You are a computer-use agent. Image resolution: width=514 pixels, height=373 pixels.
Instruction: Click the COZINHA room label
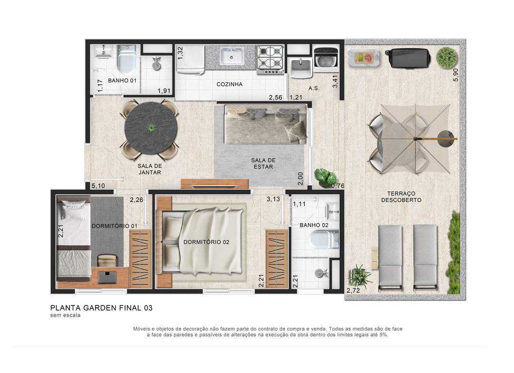pyautogui.click(x=229, y=84)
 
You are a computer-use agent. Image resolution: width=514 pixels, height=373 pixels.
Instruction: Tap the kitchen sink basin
pyautogui.click(x=232, y=56)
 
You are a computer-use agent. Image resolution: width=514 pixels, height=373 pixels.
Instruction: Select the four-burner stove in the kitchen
pyautogui.click(x=270, y=59)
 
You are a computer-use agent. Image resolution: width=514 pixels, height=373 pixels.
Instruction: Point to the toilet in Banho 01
pyautogui.click(x=127, y=59)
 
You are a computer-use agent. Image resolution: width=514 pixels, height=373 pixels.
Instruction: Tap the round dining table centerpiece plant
pyautogui.click(x=151, y=128)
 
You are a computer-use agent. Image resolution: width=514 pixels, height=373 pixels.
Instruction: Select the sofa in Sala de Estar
pyautogui.click(x=266, y=125)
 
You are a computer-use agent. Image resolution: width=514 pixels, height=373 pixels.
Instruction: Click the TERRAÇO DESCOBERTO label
pyautogui.click(x=401, y=196)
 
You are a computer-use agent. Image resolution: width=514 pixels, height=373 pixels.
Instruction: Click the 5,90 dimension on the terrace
pyautogui.click(x=455, y=75)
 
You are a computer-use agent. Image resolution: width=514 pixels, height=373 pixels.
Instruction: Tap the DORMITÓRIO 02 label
pyautogui.click(x=206, y=242)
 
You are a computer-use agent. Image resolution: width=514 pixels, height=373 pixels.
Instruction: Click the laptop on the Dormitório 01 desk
pyautogui.click(x=107, y=277)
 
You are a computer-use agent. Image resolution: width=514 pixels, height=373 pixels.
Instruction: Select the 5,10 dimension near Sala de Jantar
pyautogui.click(x=99, y=186)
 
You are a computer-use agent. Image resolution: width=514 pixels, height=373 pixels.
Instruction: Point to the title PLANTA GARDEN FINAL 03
pyautogui.click(x=101, y=308)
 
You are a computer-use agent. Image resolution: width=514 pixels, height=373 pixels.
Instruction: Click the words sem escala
pyautogui.click(x=65, y=315)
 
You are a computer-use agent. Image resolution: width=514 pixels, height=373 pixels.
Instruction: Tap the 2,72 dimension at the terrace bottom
pyautogui.click(x=353, y=290)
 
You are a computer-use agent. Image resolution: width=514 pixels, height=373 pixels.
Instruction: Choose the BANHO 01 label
pyautogui.click(x=122, y=80)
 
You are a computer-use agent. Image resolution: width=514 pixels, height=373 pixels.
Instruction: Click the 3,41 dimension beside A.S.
pyautogui.click(x=335, y=81)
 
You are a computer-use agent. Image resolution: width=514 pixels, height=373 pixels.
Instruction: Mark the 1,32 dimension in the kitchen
pyautogui.click(x=180, y=53)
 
